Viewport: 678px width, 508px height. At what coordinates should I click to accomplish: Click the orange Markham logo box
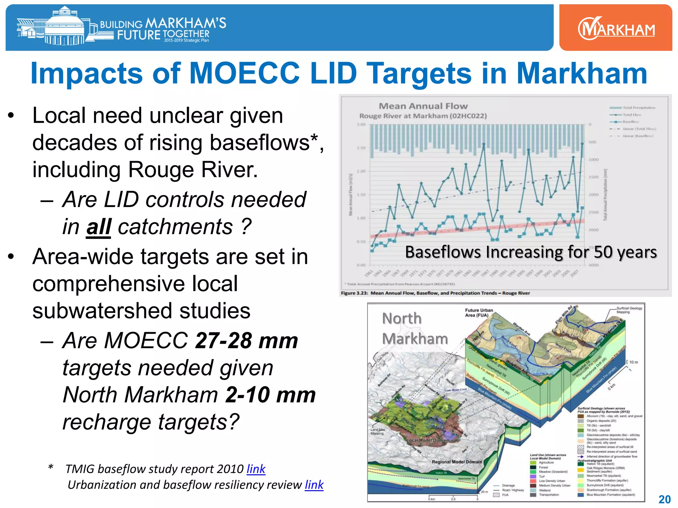(615, 28)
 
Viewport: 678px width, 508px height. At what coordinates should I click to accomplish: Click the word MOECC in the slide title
(245, 73)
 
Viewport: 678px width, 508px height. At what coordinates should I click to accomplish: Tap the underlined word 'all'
(99, 227)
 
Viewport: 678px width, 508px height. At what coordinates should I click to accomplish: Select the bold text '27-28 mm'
(247, 341)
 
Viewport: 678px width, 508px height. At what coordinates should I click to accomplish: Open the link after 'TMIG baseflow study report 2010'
(256, 469)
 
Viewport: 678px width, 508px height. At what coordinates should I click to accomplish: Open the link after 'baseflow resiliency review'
(314, 485)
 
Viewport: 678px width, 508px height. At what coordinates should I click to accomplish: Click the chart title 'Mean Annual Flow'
(423, 106)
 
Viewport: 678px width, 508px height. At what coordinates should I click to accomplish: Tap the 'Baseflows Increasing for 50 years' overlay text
(531, 252)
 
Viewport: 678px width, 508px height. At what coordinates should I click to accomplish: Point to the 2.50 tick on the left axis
(361, 148)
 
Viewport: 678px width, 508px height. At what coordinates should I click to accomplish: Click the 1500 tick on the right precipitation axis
(594, 177)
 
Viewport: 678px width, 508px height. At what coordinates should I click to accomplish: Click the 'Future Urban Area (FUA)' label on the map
(479, 313)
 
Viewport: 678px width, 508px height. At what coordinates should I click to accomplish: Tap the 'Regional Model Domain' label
(457, 462)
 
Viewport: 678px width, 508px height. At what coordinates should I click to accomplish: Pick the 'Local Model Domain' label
(428, 440)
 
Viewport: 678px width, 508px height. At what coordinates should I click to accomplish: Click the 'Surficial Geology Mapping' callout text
(629, 310)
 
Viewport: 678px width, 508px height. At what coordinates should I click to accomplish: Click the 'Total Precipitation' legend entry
(639, 108)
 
